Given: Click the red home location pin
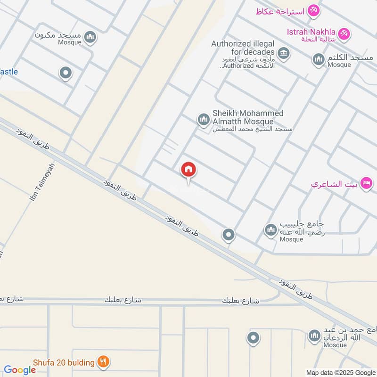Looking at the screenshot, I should (188, 170).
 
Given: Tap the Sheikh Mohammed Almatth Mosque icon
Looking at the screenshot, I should (203, 120).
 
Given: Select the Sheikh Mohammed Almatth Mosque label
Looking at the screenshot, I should (248, 117).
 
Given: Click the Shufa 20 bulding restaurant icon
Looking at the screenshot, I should (103, 362).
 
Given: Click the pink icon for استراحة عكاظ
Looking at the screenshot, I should (313, 10).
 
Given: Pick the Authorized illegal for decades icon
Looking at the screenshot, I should (283, 53).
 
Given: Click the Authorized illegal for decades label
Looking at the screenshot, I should (243, 48).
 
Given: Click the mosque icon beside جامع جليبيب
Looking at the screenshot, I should (270, 230).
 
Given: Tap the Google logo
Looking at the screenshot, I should (20, 370).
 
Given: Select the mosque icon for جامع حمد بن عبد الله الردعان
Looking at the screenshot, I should (314, 336).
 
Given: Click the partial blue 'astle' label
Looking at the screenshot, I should (9, 72).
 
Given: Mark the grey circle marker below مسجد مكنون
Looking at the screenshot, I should (66, 74).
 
